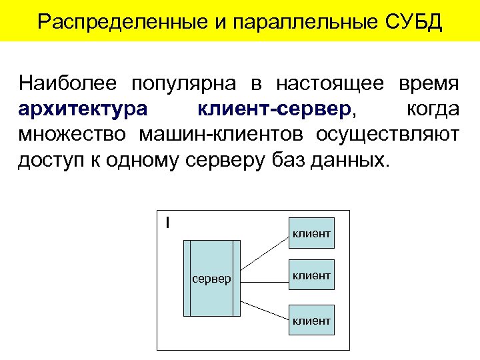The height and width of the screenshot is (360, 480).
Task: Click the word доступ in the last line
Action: tap(48, 161)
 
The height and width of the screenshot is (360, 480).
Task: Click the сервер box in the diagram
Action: tap(211, 277)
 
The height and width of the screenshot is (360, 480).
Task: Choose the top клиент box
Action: tap(311, 233)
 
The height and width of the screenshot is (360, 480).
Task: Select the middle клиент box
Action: tap(311, 275)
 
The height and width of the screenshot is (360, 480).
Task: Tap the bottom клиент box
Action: tap(311, 321)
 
